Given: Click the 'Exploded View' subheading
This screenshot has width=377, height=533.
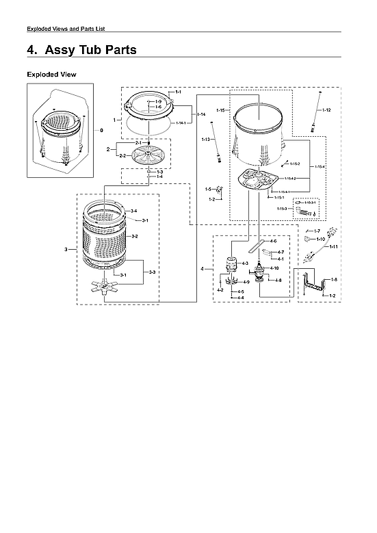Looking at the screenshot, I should [51, 74].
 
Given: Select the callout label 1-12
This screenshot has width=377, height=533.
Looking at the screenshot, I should [327, 110].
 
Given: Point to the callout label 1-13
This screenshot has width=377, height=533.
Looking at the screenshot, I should [205, 140].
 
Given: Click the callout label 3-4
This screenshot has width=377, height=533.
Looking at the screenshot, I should [134, 210].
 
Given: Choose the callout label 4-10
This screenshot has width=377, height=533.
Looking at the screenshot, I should [274, 268].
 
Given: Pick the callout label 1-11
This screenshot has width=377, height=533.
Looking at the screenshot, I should [333, 246].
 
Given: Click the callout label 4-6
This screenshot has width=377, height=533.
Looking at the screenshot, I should [273, 241].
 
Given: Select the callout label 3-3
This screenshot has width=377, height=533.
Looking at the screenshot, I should [151, 272].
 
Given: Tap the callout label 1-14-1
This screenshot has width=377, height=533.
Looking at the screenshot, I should [181, 123].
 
